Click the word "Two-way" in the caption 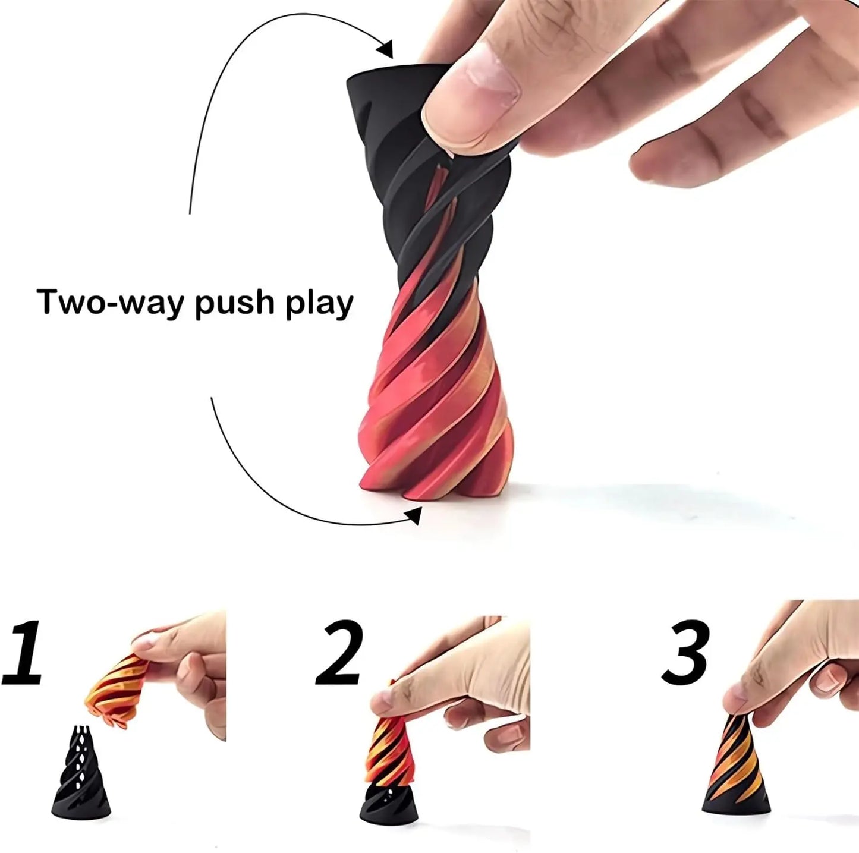point(109,302)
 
